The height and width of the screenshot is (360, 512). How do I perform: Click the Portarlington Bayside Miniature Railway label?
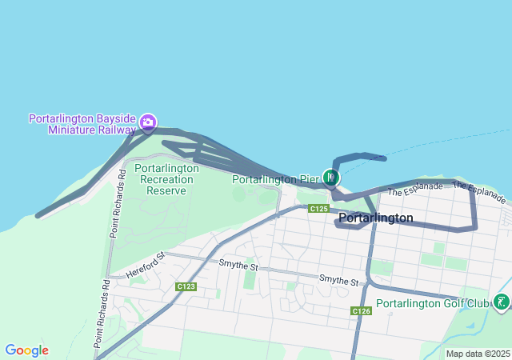click(x=82, y=123)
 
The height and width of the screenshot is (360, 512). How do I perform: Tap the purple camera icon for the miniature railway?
click(x=148, y=122)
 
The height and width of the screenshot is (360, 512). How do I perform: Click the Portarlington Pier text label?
click(x=276, y=179)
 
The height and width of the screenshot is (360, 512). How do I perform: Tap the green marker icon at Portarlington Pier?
click(x=331, y=177)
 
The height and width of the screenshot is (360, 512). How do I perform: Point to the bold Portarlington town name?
click(x=375, y=218)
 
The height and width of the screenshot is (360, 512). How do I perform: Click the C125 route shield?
click(x=318, y=209)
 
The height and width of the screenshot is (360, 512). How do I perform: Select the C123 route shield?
click(x=186, y=286)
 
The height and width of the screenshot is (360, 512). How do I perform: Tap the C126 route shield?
click(x=361, y=310)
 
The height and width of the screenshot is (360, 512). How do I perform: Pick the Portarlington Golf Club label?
click(x=432, y=303)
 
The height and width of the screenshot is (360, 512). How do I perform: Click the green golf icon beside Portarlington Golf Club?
click(x=501, y=302)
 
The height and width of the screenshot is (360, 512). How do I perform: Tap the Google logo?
click(x=26, y=350)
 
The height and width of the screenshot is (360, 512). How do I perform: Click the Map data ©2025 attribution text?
click(x=478, y=354)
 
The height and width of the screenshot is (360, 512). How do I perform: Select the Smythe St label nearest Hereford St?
click(x=238, y=266)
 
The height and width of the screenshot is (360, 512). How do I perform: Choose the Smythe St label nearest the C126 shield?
click(x=338, y=280)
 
